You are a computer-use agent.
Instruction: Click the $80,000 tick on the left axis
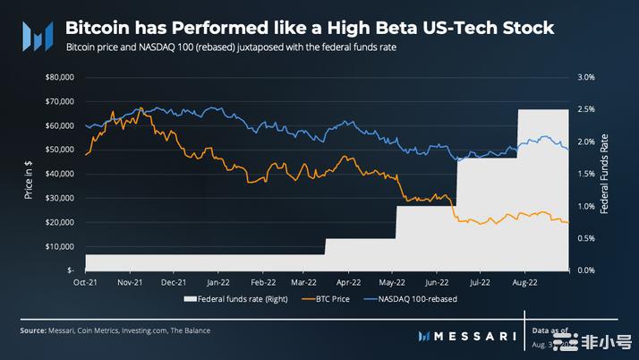pos(60,78)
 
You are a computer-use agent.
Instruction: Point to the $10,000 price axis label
pos(60,246)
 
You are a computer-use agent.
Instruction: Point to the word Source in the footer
pos(33,331)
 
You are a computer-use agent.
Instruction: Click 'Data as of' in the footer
pos(550,331)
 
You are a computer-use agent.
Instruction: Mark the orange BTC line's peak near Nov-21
pos(141,108)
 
